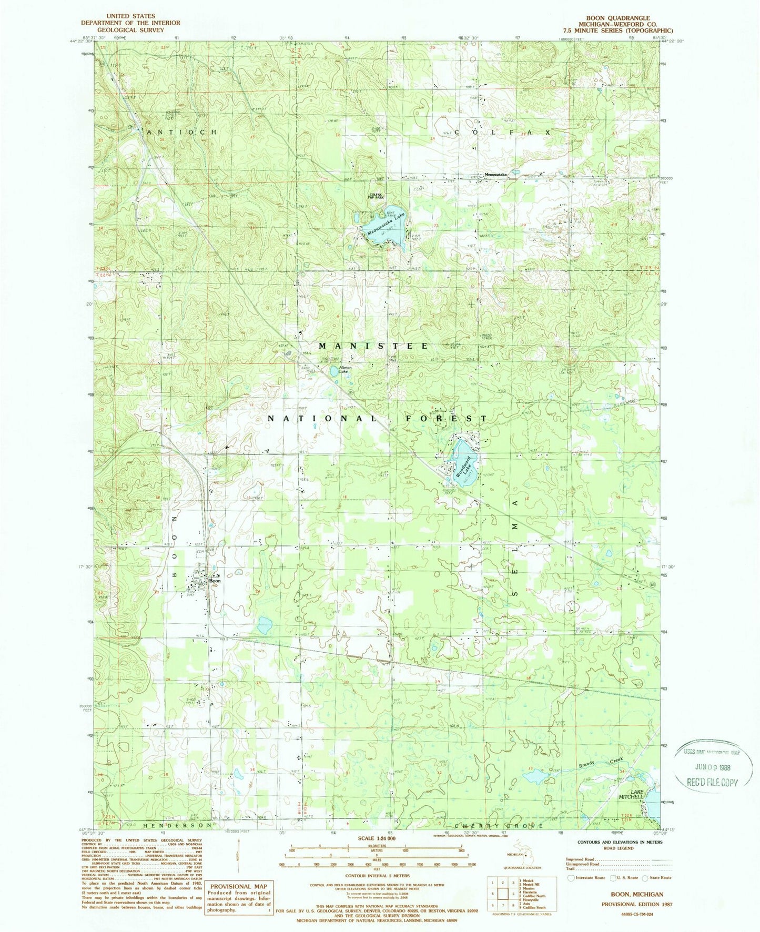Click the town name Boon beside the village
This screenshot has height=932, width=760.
tap(214, 581)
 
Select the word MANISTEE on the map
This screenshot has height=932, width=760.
tap(373, 346)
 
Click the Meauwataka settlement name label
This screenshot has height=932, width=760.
tap(495, 175)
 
